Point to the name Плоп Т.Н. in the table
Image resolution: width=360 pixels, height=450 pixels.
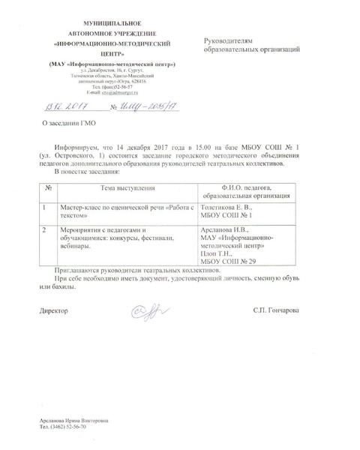coord(220,253)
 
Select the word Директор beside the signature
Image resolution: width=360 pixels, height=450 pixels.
coord(54,309)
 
